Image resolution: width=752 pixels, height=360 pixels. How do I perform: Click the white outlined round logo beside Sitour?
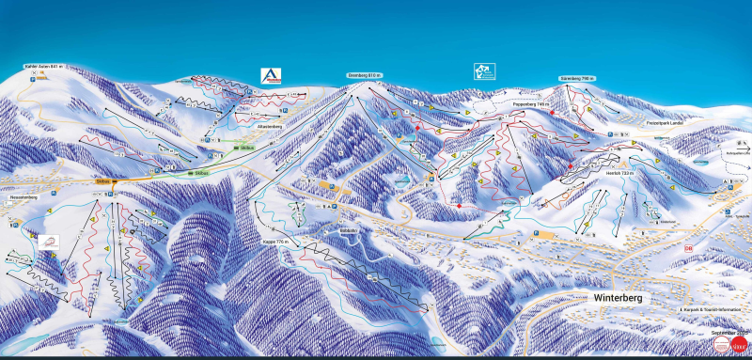click(719, 346)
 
